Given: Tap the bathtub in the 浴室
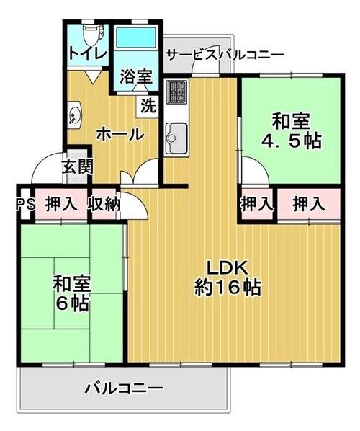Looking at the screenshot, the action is point(137,37).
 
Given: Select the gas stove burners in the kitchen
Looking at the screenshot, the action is point(177,92).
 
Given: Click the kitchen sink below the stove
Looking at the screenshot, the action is point(177,138).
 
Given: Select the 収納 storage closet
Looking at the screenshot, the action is point(104,204).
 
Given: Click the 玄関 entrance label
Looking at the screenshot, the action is point(78,166).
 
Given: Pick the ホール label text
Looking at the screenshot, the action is point(121,134).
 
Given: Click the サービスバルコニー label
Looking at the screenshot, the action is point(225,55).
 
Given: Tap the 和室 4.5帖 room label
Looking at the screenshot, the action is point(291,131).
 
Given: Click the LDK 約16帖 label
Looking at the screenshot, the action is point(228,278).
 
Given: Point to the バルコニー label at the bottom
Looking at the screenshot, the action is point(124,388).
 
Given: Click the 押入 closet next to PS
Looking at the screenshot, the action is point(61,204).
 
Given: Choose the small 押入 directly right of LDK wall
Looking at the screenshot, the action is point(257,204).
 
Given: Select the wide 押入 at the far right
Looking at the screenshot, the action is point(309,204).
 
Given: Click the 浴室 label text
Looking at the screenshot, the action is point(137,76).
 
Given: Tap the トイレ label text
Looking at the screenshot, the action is point(88,53).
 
